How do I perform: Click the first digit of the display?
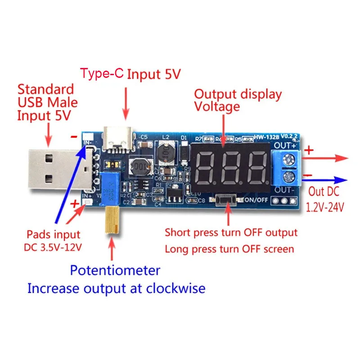click(207, 167)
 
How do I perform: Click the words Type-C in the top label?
click(101, 74)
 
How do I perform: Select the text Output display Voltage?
click(237, 100)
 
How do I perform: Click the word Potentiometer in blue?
click(115, 270)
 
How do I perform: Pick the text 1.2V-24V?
click(325, 207)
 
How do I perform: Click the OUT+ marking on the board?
click(284, 145)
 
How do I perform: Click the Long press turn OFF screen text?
click(229, 249)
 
